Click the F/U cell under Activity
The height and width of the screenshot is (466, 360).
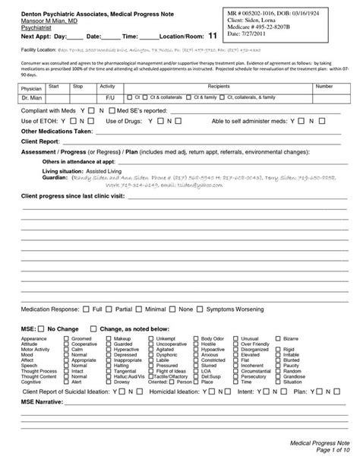[x=109, y=98]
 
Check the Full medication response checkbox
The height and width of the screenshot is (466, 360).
[x=87, y=310]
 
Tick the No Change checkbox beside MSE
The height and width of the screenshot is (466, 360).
[x=43, y=328]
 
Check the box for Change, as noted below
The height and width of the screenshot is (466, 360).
[x=93, y=328]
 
